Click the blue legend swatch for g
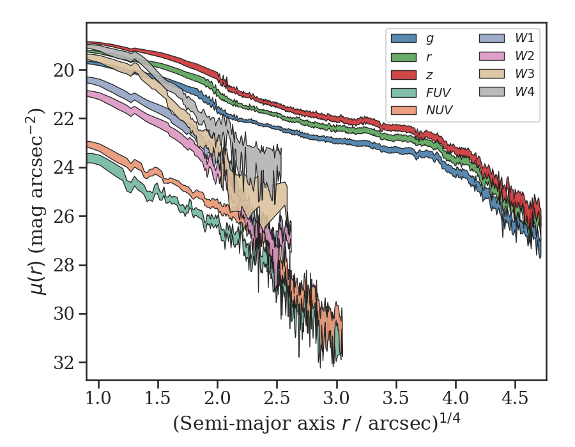404,38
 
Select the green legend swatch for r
404,56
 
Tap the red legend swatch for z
404,74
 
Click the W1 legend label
525,38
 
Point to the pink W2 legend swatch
492,56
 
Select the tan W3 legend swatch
492,74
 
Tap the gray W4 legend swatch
492,92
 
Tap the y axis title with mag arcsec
39,201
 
